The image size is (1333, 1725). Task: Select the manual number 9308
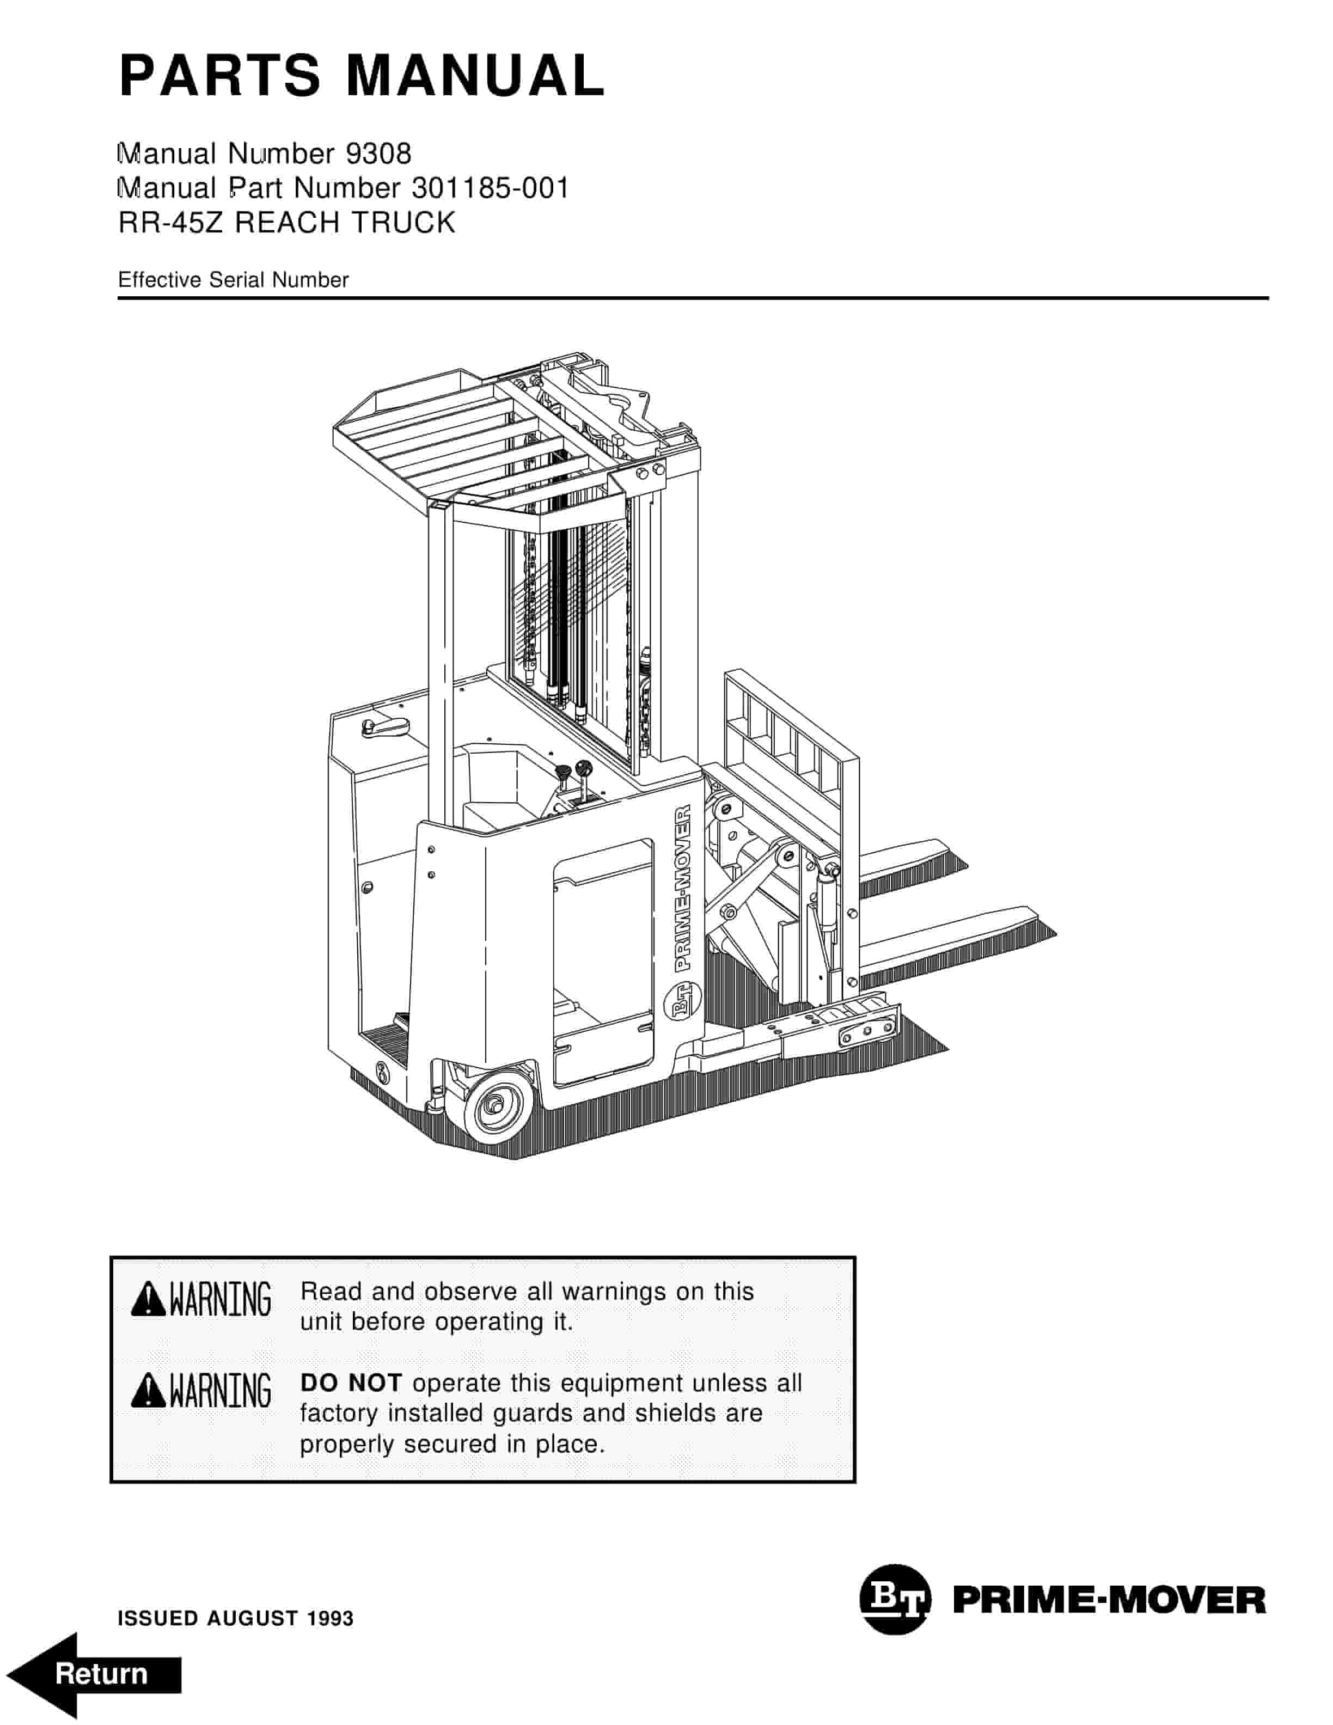click(x=378, y=153)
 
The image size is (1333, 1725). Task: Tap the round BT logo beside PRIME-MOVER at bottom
click(x=894, y=1599)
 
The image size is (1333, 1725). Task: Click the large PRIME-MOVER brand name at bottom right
click(x=1109, y=1600)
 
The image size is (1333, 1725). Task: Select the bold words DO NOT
click(x=351, y=1383)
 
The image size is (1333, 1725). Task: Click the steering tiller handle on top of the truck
click(x=384, y=727)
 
